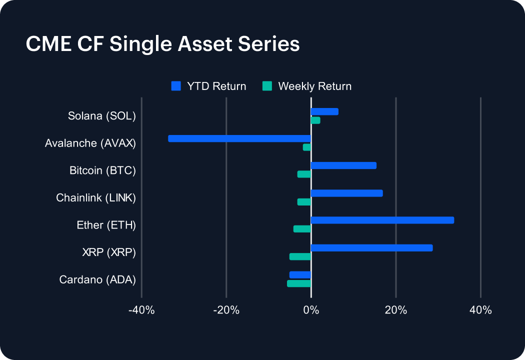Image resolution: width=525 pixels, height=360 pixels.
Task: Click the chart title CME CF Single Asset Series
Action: (162, 44)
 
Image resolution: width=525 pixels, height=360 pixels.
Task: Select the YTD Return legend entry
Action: (209, 86)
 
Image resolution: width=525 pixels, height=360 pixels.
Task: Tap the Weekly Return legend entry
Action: (307, 86)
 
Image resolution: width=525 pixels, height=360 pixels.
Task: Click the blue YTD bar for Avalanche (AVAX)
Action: (239, 138)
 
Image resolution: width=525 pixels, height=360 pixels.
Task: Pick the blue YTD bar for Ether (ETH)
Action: (382, 220)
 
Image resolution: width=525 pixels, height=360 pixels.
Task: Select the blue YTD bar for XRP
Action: (371, 247)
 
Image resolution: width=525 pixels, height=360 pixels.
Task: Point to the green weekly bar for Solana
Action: (315, 120)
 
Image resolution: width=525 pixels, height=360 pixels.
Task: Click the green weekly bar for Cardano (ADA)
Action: (299, 283)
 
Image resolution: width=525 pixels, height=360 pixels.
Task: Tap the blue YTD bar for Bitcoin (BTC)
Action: (343, 165)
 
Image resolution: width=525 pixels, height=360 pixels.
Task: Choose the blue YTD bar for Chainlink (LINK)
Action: (346, 193)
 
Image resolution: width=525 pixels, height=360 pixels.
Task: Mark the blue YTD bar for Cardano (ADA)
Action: (300, 274)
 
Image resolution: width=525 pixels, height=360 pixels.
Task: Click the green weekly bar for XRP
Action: (300, 256)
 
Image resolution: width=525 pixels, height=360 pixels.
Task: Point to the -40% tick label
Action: (141, 310)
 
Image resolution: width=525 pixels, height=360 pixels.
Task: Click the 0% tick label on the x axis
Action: (311, 310)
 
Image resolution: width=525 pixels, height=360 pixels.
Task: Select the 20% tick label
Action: (395, 310)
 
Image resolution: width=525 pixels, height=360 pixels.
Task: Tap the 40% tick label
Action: (480, 310)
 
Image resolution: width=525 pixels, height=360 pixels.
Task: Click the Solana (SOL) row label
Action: (102, 116)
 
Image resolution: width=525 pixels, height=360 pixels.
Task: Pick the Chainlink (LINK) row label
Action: (96, 197)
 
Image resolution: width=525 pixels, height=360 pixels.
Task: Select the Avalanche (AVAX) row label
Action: (90, 143)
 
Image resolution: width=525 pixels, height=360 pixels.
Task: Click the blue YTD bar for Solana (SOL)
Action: (324, 111)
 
